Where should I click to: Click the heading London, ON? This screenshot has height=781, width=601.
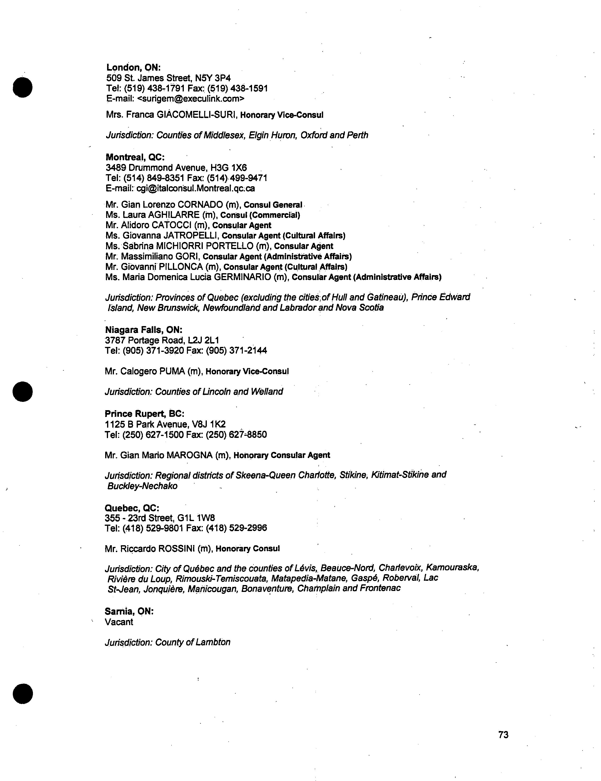[133, 67]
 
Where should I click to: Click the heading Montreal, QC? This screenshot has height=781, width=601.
[135, 157]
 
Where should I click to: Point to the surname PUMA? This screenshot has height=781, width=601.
[172, 371]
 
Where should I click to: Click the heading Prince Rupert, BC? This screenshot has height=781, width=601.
[145, 414]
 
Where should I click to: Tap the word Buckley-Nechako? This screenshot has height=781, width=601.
[142, 486]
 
